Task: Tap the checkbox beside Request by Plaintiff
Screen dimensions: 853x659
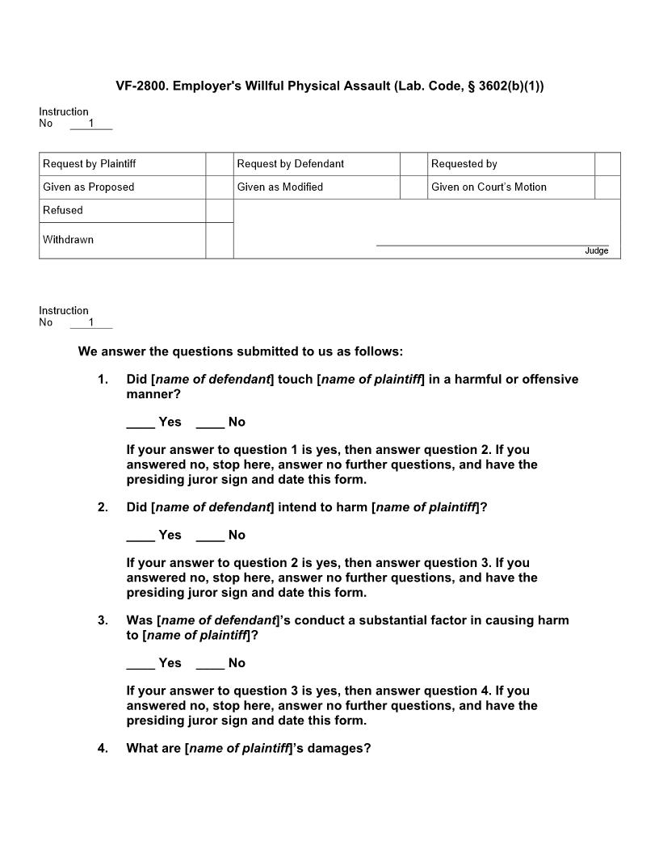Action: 219,164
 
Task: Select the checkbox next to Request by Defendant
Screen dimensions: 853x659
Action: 413,164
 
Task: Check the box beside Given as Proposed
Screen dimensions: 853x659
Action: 219,187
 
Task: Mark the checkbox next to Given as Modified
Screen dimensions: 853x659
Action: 413,187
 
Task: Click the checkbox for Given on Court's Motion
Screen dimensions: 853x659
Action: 607,187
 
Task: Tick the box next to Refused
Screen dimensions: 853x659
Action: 219,211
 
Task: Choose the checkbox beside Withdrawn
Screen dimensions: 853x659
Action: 219,240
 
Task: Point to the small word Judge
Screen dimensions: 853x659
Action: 597,251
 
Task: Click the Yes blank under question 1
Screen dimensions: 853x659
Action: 141,422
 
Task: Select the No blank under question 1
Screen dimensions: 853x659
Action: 210,422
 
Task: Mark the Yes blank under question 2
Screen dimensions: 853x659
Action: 141,536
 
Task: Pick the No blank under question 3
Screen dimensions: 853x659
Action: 210,663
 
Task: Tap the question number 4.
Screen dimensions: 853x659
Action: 103,748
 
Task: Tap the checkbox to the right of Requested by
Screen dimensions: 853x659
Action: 607,164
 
